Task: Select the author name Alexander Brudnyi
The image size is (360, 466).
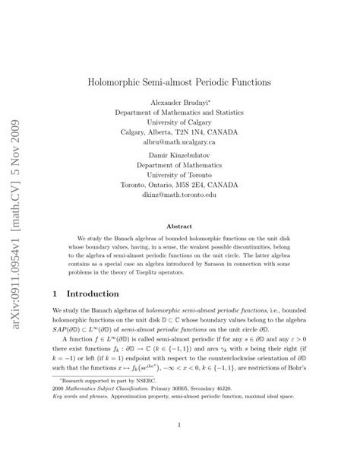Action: (x=179, y=101)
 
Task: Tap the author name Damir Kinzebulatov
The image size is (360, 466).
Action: (x=180, y=153)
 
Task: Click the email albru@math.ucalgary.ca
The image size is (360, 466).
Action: (x=180, y=141)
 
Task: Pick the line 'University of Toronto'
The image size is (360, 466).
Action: (x=180, y=173)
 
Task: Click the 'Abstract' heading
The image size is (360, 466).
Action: (x=180, y=225)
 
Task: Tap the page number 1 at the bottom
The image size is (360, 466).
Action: (x=180, y=426)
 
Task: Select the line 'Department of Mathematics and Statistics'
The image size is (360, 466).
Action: (x=180, y=111)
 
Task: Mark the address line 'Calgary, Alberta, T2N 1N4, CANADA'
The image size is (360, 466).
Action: (x=180, y=131)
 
